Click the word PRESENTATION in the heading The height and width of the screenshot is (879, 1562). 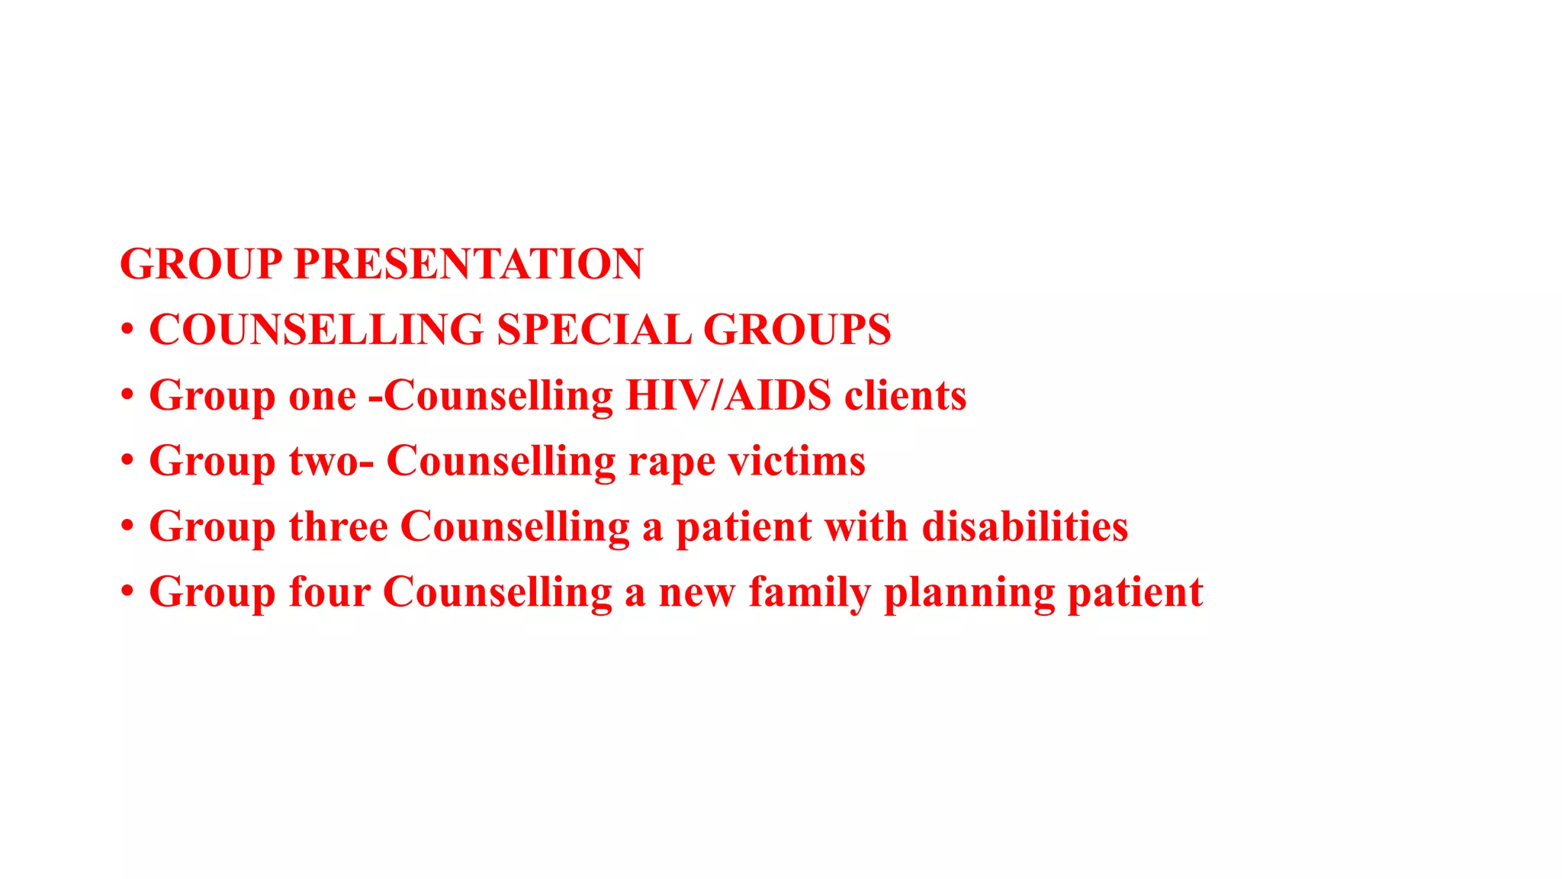468,264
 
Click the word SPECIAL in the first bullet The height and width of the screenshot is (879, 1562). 593,330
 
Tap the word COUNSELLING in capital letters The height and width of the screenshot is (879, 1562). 317,330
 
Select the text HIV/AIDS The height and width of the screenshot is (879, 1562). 728,395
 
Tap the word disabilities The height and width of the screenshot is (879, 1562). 1025,526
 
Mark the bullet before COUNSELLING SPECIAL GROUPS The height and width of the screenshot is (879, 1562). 127,330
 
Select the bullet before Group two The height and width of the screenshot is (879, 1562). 127,460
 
